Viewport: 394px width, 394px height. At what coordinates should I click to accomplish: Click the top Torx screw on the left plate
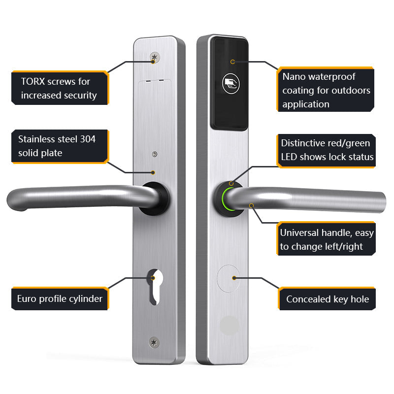tap(155, 58)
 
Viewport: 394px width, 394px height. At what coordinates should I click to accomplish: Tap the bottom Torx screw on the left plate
tap(154, 342)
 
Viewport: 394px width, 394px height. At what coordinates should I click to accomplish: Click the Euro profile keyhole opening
tap(155, 287)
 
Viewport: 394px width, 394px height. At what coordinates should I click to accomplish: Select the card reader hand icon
tap(231, 83)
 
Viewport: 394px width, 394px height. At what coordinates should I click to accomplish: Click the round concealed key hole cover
tap(229, 279)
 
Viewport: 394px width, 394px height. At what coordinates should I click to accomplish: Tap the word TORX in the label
tap(33, 81)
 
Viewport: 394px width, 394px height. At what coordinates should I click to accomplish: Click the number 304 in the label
tap(88, 139)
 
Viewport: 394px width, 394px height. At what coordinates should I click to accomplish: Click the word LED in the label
tap(289, 157)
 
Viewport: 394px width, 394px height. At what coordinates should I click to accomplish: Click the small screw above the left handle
tap(155, 154)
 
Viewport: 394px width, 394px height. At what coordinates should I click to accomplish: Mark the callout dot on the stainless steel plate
tap(153, 172)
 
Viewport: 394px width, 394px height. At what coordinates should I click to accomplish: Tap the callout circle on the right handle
tap(251, 206)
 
